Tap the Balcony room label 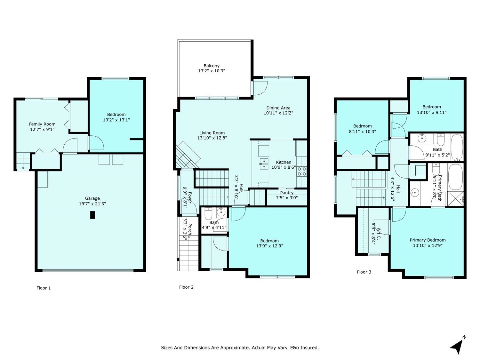[212, 66]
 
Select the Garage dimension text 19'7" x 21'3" [92, 204]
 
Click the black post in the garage [92, 215]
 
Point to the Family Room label [42, 124]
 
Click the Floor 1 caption [44, 288]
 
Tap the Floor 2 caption [186, 287]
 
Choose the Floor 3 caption [364, 272]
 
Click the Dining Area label [278, 108]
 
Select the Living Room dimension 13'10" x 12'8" [212, 138]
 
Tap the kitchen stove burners [301, 171]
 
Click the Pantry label [287, 193]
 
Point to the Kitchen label [284, 162]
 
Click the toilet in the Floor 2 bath [208, 213]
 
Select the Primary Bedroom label [428, 240]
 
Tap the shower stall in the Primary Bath [455, 198]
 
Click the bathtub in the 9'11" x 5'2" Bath [457, 147]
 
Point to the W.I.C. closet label [379, 234]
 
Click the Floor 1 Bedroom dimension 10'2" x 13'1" [116, 120]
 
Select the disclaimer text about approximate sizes [240, 348]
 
